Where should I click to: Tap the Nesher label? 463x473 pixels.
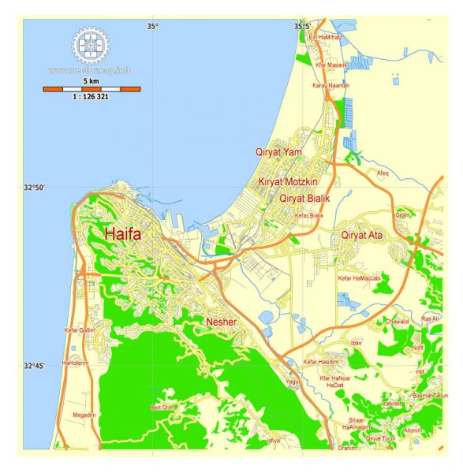click(221, 322)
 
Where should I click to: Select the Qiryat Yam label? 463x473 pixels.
click(278, 151)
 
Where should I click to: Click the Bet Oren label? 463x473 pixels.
click(164, 407)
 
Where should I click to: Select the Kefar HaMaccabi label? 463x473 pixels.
click(360, 278)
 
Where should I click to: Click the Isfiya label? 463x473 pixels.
click(274, 440)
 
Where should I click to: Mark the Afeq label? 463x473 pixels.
click(383, 172)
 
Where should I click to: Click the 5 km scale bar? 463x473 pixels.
click(91, 88)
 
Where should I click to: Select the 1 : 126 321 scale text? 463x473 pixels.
click(92, 97)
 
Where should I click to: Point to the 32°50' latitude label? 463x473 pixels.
click(35, 187)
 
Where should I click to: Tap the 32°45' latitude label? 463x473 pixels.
click(35, 366)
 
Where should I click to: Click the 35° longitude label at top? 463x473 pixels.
click(152, 27)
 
